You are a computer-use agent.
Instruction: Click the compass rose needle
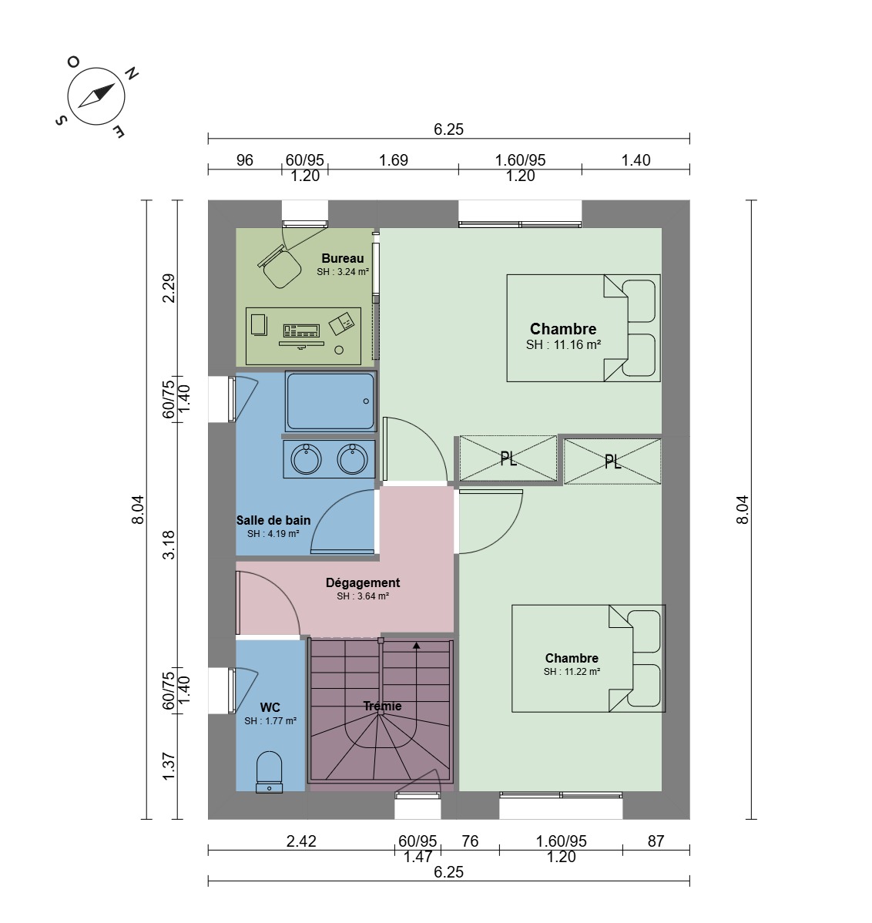96,96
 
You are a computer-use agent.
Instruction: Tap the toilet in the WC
270,772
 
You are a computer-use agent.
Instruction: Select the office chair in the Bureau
279,267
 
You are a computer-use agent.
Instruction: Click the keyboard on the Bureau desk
301,331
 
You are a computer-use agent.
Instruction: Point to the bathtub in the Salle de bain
330,401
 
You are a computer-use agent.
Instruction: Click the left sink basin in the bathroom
306,459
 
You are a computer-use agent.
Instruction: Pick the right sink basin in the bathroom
353,459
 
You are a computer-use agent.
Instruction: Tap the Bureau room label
343,258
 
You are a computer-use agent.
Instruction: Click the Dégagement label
363,582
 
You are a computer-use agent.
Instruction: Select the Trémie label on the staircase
382,706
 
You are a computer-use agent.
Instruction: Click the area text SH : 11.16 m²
563,345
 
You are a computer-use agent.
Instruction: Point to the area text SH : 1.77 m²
270,721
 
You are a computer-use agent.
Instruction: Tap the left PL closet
508,458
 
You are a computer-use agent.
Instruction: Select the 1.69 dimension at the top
393,160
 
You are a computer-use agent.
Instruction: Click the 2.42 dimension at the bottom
301,841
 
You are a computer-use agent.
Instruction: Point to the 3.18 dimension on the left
169,545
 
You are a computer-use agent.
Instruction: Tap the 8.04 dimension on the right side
743,510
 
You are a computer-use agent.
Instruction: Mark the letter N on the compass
131,73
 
